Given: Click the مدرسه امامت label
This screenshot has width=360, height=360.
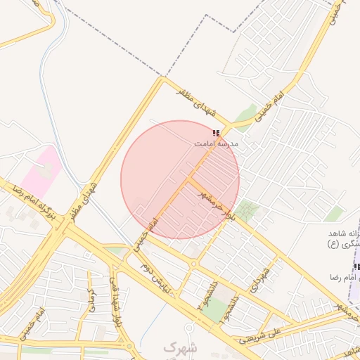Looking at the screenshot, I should [217, 143].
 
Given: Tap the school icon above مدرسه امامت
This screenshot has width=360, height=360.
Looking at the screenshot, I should [216, 132].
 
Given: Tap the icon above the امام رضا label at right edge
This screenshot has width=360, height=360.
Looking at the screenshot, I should [356, 267].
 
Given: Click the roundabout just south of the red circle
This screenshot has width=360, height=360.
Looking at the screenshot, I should [193, 264].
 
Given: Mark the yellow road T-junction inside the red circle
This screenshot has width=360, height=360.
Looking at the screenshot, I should [188, 179].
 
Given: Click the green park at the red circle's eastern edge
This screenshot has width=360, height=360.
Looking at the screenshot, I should [245, 210].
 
